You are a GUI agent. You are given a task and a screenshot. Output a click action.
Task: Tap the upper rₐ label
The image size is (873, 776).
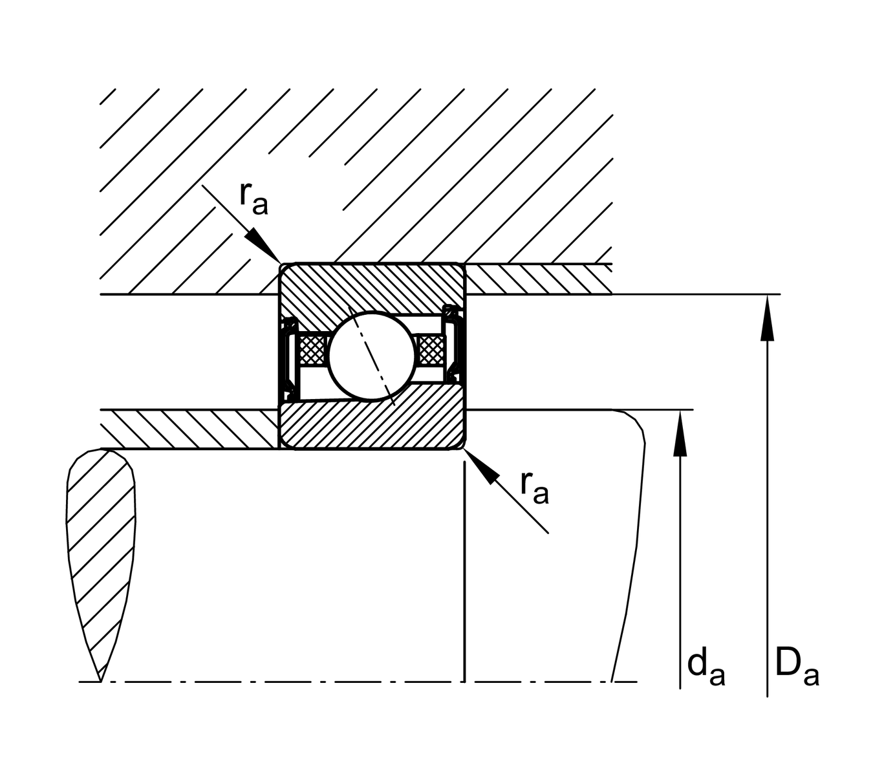[253, 197]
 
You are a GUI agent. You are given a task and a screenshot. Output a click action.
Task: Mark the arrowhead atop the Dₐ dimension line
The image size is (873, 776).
[767, 317]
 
